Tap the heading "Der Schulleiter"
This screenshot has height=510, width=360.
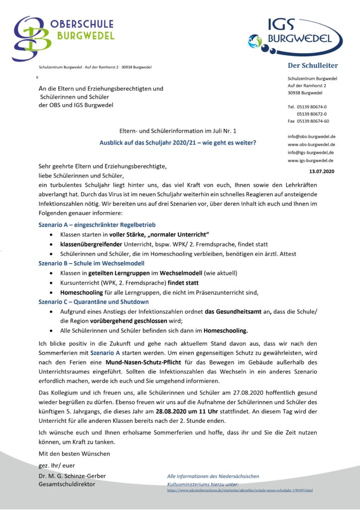click(313, 66)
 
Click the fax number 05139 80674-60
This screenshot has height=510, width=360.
click(312, 121)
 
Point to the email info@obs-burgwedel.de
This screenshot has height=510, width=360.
click(311, 136)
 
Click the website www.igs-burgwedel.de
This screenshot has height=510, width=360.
click(310, 160)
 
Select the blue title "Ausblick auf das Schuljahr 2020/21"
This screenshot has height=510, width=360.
click(178, 143)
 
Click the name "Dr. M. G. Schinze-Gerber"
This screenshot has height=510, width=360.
click(72, 476)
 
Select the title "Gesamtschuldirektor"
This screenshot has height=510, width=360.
click(67, 484)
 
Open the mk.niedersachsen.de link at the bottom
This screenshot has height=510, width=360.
click(240, 491)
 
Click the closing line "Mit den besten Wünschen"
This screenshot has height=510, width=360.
click(74, 453)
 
